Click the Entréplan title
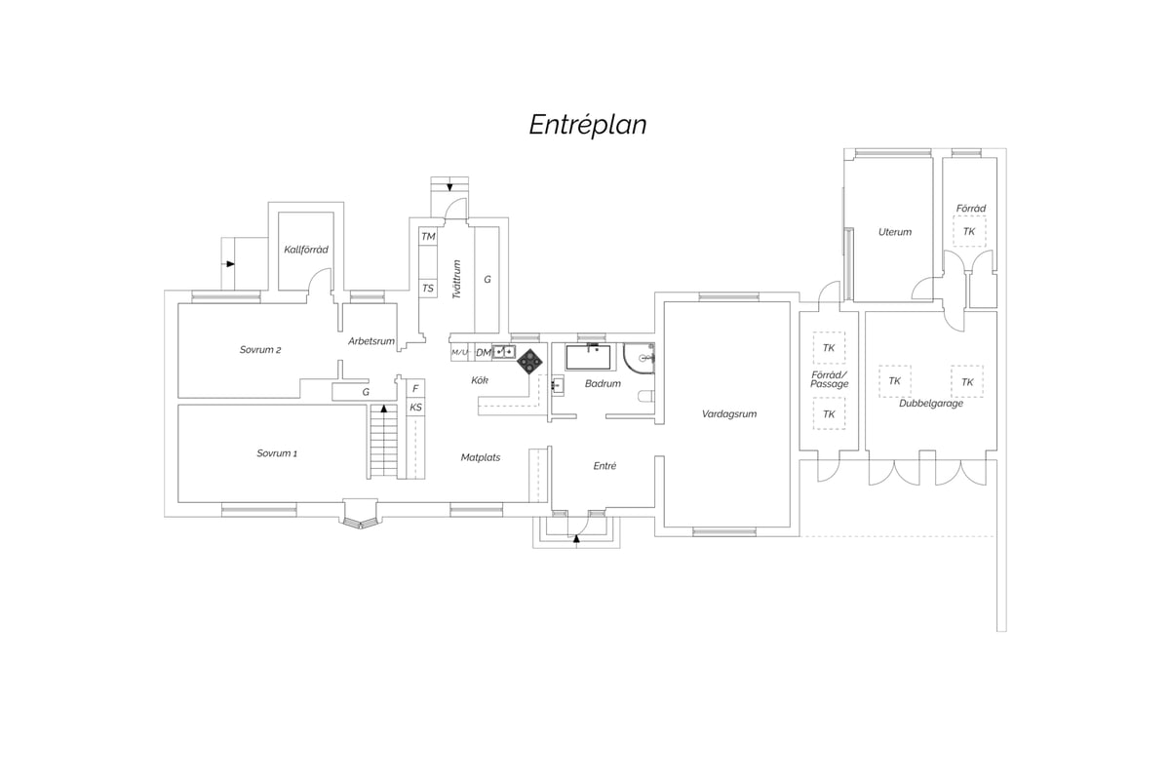click(x=588, y=126)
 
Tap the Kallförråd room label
click(x=306, y=250)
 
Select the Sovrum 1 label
click(x=277, y=453)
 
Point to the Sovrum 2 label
click(x=260, y=349)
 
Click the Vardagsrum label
click(x=729, y=414)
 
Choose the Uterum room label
click(x=895, y=232)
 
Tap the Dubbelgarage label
click(x=931, y=404)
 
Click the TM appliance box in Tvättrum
click(x=428, y=237)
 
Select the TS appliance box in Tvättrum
click(x=428, y=289)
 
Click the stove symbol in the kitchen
click(x=529, y=362)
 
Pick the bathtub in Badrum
click(x=588, y=357)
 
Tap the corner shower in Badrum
click(x=639, y=359)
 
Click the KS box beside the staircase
click(x=415, y=408)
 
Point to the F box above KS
click(x=415, y=389)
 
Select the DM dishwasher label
click(x=484, y=353)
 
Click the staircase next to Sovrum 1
click(x=384, y=442)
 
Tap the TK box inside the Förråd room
click(x=969, y=231)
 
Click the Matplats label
click(x=481, y=457)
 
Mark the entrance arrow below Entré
click(x=576, y=538)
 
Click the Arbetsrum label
click(x=371, y=341)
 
